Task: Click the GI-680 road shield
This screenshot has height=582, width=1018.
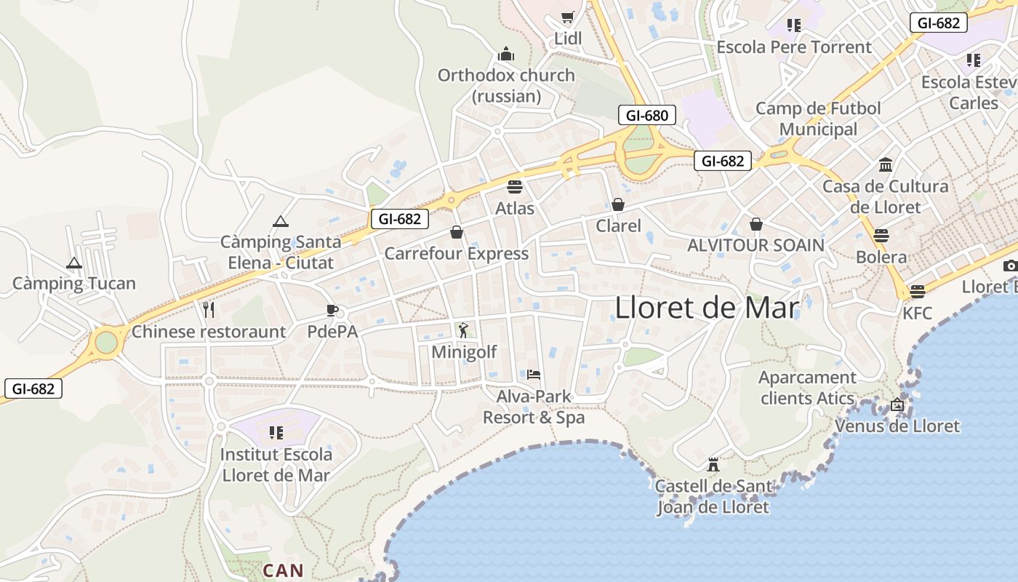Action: pyautogui.click(x=646, y=115)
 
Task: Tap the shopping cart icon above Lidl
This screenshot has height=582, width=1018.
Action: pyautogui.click(x=568, y=17)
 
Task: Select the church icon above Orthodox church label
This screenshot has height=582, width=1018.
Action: pyautogui.click(x=506, y=54)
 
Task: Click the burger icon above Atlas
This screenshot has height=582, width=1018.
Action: pyautogui.click(x=515, y=187)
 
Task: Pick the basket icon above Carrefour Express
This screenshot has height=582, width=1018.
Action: pyautogui.click(x=457, y=232)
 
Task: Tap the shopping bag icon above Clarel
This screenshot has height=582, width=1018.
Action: pyautogui.click(x=618, y=204)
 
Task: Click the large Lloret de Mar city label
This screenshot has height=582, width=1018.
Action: pyautogui.click(x=707, y=308)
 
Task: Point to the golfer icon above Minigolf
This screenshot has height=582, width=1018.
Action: pyautogui.click(x=463, y=330)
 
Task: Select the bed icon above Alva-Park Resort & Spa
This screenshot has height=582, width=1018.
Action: pyautogui.click(x=534, y=375)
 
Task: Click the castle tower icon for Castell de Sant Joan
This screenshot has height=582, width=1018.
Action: pyautogui.click(x=713, y=464)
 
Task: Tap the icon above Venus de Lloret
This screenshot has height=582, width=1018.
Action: pyautogui.click(x=897, y=404)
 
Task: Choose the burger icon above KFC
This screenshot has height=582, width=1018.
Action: pyautogui.click(x=917, y=292)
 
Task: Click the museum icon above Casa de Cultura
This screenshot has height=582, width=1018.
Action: pyautogui.click(x=886, y=164)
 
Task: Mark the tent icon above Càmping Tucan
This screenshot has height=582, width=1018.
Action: pyautogui.click(x=73, y=263)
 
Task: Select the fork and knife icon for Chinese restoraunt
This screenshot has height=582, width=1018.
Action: pyautogui.click(x=209, y=310)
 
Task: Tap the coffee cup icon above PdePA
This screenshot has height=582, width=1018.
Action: pyautogui.click(x=332, y=311)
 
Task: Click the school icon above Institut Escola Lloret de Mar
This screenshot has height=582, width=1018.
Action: pyautogui.click(x=276, y=433)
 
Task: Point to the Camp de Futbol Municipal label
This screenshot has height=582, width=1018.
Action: pyautogui.click(x=818, y=119)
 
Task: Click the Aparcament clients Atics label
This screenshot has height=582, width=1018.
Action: pyautogui.click(x=807, y=388)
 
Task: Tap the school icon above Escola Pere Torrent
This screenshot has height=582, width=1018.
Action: pyautogui.click(x=793, y=25)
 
